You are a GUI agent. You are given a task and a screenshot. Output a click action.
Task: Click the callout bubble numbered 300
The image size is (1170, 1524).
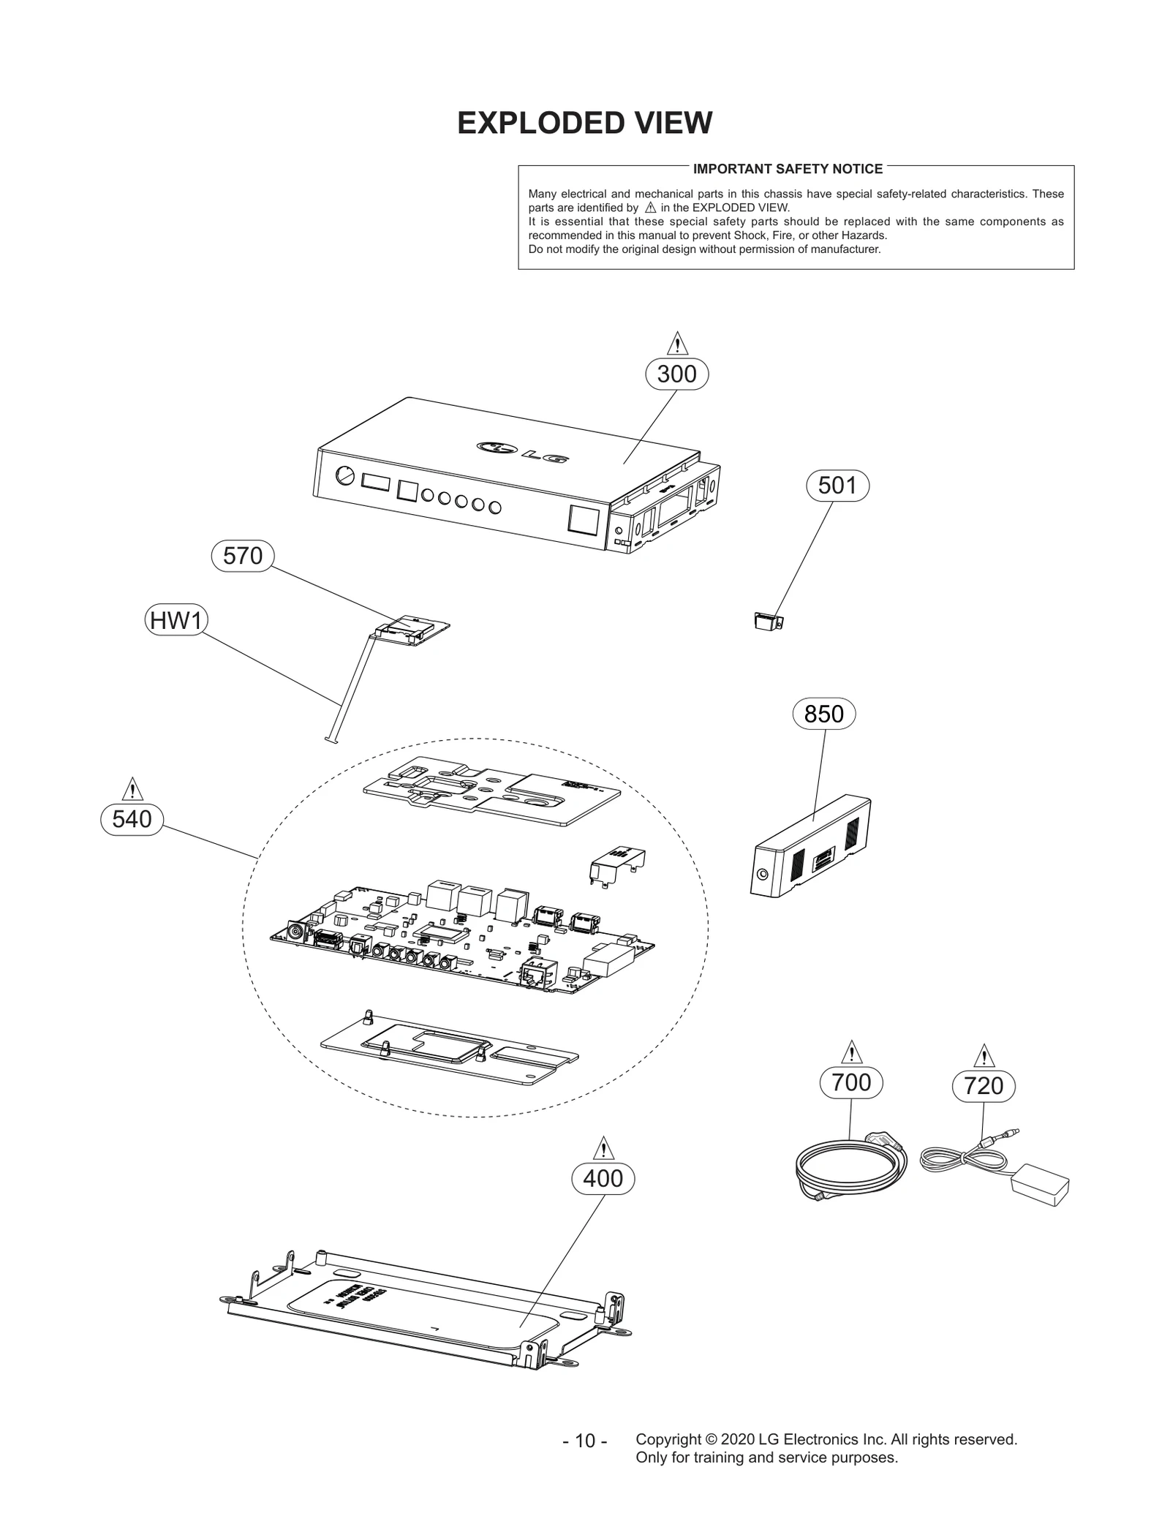pos(676,374)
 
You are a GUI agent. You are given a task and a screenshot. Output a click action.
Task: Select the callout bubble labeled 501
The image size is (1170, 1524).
pos(837,486)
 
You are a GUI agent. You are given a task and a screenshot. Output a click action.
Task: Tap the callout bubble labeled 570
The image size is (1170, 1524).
pos(242,556)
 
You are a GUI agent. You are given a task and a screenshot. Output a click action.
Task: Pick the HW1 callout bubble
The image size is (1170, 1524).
pos(175,621)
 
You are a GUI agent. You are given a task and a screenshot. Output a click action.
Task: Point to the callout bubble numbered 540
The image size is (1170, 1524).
pos(132,819)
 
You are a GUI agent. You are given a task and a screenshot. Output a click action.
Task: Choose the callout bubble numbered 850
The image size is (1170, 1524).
pos(823,714)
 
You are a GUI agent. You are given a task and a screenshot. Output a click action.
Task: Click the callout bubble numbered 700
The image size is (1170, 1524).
pos(851,1082)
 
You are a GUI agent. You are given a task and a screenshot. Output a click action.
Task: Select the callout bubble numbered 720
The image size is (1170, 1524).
pos(984,1086)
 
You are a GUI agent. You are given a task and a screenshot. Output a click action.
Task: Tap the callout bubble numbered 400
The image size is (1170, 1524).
pos(603,1179)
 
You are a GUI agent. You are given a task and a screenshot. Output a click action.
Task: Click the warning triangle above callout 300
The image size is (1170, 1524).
pos(677,344)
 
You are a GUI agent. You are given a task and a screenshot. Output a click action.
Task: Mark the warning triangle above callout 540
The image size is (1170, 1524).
pos(132,789)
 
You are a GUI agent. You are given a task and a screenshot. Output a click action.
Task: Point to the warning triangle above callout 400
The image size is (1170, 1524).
pos(603,1149)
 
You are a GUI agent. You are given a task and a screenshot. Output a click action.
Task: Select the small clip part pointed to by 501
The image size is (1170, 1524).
pos(768,622)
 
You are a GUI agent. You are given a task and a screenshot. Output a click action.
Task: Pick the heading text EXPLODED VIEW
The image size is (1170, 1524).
pos(584,123)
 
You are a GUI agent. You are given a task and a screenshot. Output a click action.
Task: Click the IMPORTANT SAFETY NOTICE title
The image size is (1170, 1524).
pos(788,169)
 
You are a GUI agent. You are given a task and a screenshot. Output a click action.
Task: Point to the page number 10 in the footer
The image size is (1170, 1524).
pos(585,1461)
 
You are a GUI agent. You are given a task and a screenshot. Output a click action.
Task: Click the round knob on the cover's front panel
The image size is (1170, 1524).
pos(344,475)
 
